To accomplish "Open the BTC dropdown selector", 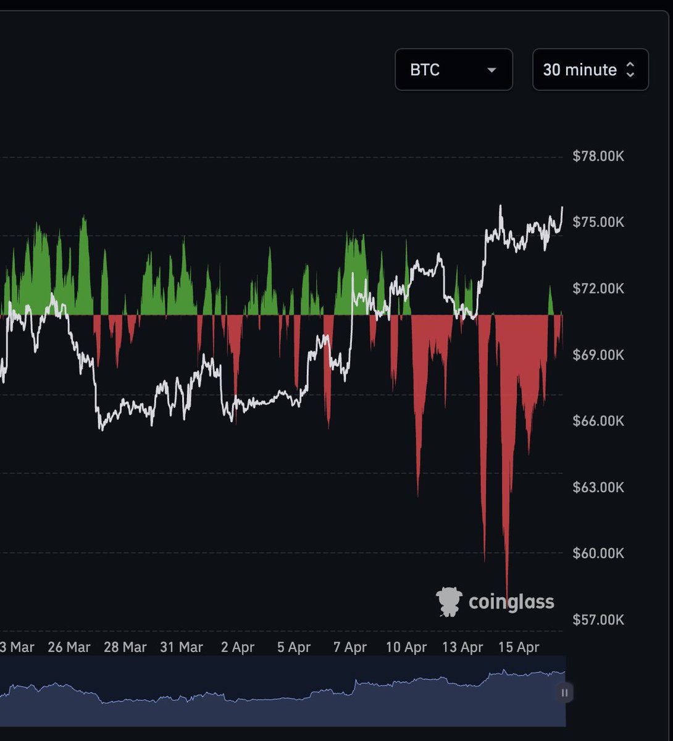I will (x=453, y=70).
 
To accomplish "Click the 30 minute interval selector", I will (x=590, y=70).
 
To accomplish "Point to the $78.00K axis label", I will (x=598, y=156).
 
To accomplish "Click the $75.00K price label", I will (x=598, y=222).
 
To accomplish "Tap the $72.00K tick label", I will (x=598, y=288).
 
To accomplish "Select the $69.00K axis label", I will (x=598, y=355).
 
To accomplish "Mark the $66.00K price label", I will (x=598, y=421).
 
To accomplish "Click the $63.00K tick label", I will (x=598, y=488).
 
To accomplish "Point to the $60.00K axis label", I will (x=598, y=553).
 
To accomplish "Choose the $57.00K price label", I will (x=598, y=619).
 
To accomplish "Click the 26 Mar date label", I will (x=69, y=648).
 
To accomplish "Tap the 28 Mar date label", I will (x=125, y=648).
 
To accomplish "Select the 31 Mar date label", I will (x=182, y=648).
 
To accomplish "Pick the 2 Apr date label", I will (x=238, y=648).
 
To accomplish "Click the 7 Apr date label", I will (x=350, y=648).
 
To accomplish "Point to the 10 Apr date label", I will (x=406, y=648).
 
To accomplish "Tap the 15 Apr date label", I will (x=519, y=648).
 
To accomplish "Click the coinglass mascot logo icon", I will (x=449, y=601).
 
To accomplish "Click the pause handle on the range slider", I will (x=564, y=693).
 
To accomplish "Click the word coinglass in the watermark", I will (x=511, y=602).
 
